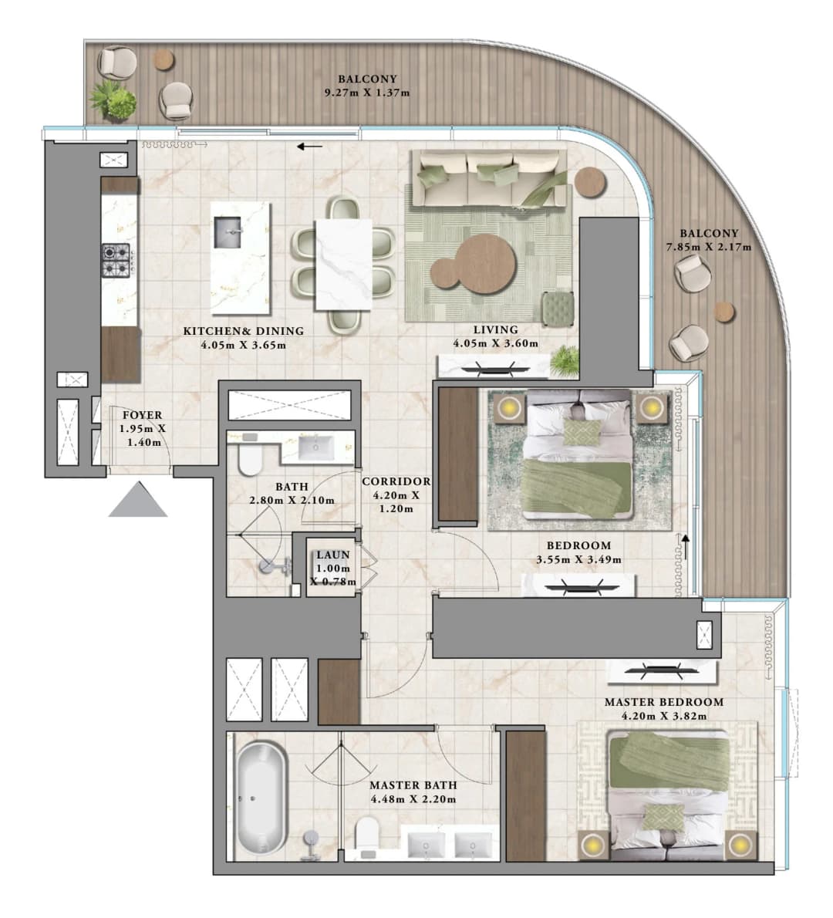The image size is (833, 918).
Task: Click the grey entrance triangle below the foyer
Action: click(138, 502)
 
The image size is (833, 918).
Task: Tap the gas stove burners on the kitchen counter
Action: click(116, 261)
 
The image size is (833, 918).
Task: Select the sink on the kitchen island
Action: click(228, 232)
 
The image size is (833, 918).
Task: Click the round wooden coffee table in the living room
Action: click(485, 264)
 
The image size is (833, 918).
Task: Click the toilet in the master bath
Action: click(367, 837)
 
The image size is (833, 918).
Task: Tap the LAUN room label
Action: click(333, 555)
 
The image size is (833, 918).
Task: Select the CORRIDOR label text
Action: click(396, 481)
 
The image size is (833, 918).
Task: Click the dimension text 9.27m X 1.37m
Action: click(367, 93)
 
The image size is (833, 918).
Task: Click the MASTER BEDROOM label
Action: click(664, 702)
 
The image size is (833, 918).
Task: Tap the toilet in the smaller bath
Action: click(251, 461)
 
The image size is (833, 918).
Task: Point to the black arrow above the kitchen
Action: click(309, 147)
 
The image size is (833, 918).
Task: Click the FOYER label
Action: click(142, 415)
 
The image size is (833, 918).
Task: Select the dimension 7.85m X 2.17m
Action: click(708, 247)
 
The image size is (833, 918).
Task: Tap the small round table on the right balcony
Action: click(723, 312)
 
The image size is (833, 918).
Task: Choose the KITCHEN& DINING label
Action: click(244, 332)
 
